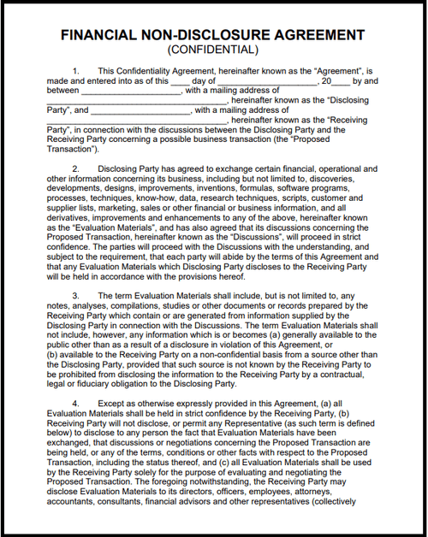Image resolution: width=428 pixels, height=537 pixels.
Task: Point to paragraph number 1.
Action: coord(76,70)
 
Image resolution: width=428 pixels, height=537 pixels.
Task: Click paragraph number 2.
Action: coord(76,169)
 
